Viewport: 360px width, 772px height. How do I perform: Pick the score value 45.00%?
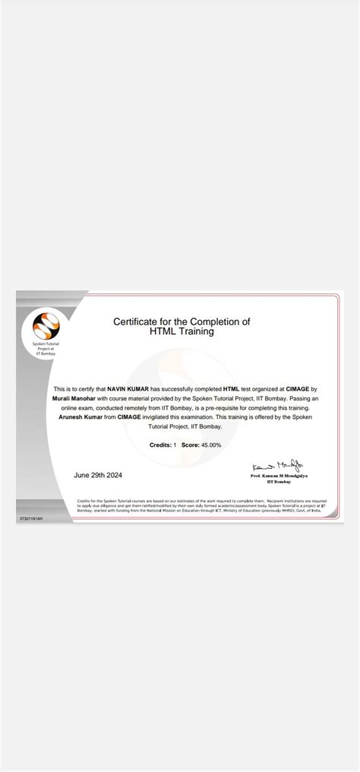209,445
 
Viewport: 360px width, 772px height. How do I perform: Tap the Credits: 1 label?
163,445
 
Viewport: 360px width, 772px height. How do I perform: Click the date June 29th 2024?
98,475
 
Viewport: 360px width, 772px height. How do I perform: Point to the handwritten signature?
279,464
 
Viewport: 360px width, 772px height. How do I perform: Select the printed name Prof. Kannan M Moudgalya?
279,476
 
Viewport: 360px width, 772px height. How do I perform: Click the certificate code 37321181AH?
31,518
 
